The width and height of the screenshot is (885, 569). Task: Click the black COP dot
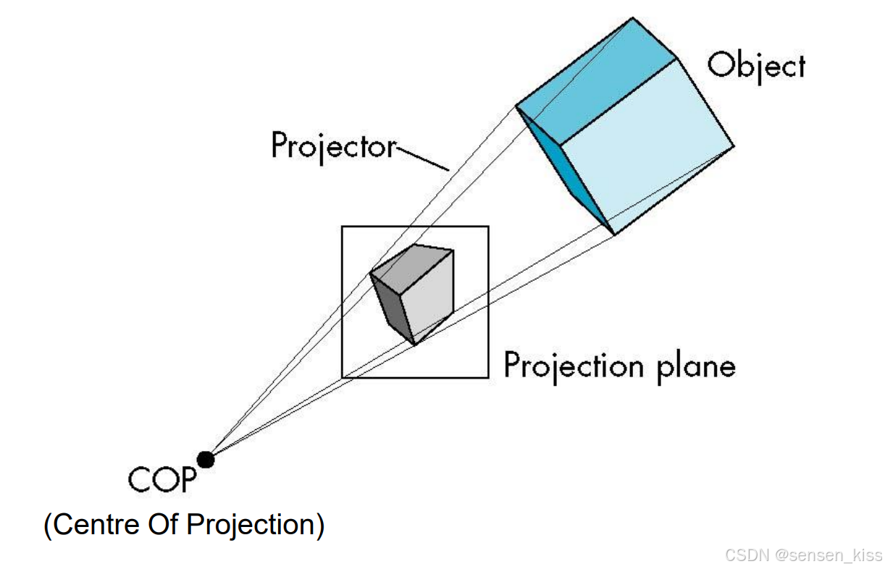click(206, 459)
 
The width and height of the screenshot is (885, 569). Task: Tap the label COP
click(162, 479)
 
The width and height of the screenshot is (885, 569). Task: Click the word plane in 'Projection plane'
click(696, 367)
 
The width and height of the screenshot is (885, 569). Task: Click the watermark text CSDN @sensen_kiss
click(803, 555)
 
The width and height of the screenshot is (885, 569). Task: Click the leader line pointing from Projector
click(424, 158)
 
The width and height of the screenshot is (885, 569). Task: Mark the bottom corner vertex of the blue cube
click(614, 234)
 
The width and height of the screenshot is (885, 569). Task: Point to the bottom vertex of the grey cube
click(414, 343)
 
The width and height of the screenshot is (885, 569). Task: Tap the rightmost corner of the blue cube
click(733, 147)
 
